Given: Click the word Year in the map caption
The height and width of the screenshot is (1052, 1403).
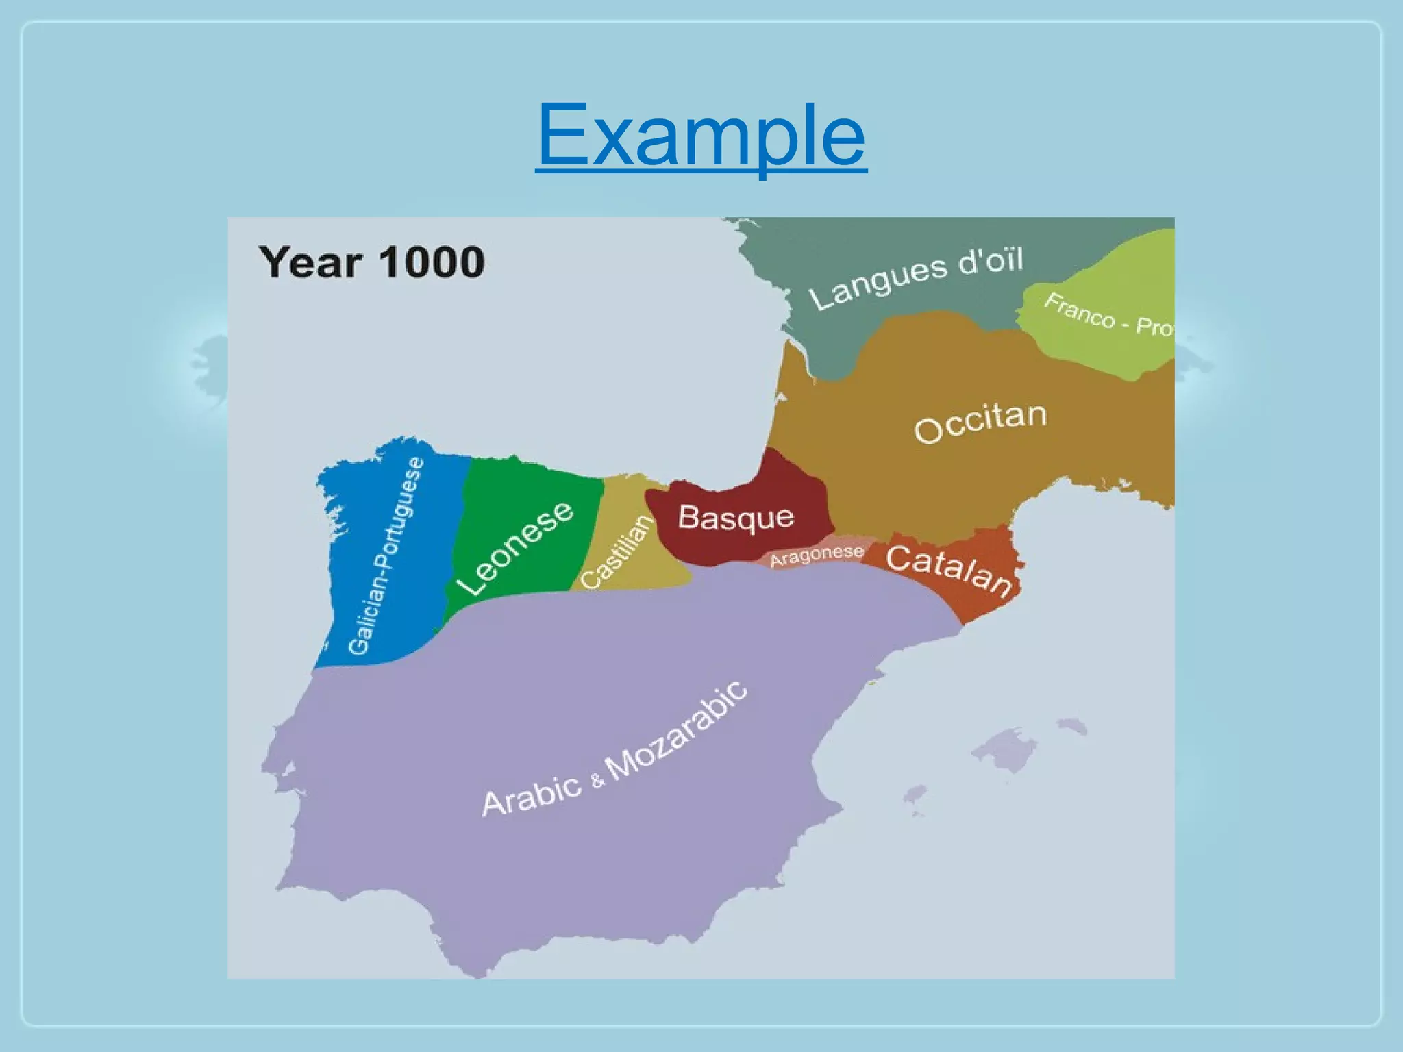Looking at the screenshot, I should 310,262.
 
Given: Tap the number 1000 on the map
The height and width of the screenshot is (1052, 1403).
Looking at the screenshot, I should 432,262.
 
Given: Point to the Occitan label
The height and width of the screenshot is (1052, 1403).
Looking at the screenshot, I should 980,422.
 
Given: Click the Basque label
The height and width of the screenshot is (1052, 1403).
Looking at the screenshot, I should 736,518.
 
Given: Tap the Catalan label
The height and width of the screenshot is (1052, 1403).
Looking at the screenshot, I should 949,570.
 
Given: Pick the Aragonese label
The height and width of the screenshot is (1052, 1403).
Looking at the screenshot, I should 817,556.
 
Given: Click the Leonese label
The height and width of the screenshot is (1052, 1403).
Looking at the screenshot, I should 515,549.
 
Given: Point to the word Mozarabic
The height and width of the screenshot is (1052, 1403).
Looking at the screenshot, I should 677,731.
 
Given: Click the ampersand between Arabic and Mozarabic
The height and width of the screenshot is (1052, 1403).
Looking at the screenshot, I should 598,779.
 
